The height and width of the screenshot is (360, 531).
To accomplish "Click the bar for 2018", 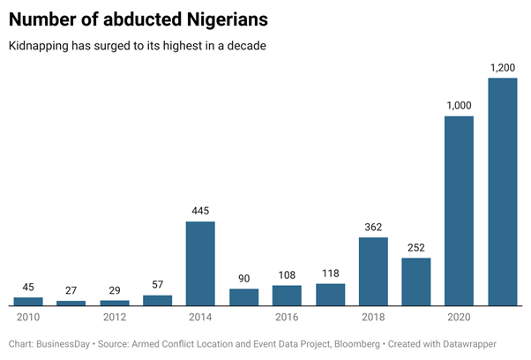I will coord(373,271).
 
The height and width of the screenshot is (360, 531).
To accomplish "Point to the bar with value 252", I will coord(416,281).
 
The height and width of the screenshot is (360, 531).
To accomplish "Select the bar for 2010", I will coord(28,301).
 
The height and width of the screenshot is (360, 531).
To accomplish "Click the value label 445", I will coord(200,210).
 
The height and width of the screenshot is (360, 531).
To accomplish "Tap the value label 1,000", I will coord(459,105).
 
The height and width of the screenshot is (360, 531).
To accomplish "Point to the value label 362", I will coord(373,227).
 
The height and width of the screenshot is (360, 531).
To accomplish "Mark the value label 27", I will coord(71,289).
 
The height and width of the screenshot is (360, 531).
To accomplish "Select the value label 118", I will coord(330,273).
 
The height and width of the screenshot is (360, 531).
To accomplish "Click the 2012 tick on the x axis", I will coord(115,317).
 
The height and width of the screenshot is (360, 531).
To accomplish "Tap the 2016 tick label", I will coord(287,317).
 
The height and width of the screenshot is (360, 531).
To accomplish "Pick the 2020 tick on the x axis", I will coord(459,317).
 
